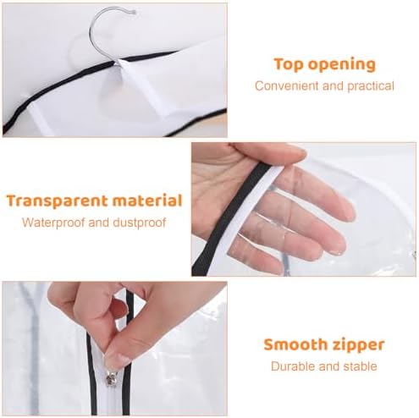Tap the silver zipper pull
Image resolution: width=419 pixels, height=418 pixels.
111,378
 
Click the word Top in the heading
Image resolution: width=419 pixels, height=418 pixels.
289,65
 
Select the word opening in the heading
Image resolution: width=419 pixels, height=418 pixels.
342,65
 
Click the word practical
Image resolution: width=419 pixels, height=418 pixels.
371,86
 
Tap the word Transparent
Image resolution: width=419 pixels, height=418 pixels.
58,201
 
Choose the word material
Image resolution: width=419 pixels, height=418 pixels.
147,201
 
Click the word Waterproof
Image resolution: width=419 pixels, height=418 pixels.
53,223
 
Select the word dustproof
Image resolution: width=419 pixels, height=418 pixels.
140,223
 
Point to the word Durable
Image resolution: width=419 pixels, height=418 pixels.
293,366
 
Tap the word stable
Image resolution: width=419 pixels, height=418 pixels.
360,366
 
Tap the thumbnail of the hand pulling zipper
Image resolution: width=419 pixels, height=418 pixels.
117,360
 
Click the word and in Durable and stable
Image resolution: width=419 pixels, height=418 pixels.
328,366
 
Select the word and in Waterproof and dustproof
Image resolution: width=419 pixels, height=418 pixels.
98,223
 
